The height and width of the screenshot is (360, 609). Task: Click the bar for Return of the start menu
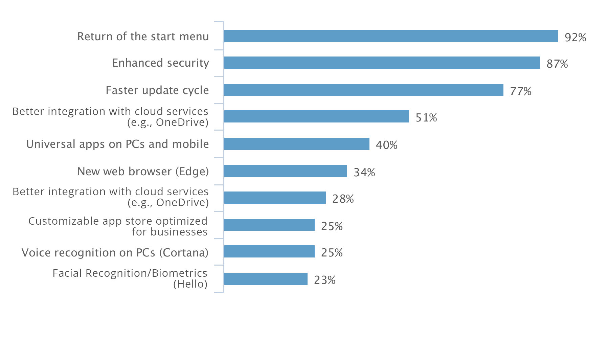coord(391,36)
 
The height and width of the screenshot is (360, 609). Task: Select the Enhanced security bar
coord(382,63)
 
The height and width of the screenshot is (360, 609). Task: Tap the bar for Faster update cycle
coord(363,90)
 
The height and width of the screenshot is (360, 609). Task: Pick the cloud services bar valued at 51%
coord(316,116)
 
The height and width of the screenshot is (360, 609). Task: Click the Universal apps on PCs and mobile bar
coord(296,144)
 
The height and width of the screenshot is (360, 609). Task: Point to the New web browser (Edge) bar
coord(285,171)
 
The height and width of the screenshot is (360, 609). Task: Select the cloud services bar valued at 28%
coord(275,198)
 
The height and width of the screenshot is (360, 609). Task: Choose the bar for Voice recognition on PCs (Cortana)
coord(269,251)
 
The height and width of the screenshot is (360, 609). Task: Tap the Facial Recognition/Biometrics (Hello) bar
coord(266,279)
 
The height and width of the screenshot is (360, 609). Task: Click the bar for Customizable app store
coord(269,225)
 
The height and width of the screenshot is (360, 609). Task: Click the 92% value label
coord(575,37)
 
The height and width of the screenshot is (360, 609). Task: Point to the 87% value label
coord(557,64)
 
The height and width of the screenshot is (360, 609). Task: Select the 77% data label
coord(520,91)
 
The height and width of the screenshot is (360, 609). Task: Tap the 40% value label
coord(386,145)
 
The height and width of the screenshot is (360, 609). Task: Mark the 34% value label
coord(364,172)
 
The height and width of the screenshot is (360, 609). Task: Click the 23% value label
coord(324,280)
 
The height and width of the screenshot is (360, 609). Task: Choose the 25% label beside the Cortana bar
coord(332,252)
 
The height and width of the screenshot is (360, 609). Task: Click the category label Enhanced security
coord(160,63)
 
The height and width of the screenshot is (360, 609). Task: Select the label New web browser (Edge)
coord(143,172)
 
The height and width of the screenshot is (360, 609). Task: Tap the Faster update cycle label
coord(157,90)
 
